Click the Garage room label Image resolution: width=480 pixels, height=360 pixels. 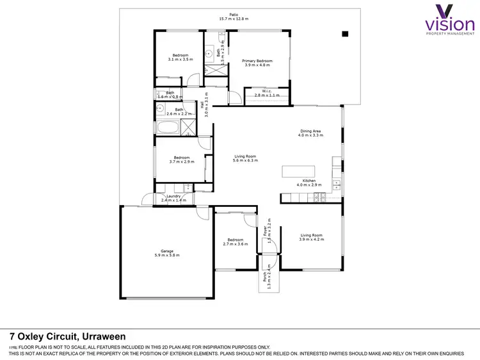pyautogui.click(x=166, y=250)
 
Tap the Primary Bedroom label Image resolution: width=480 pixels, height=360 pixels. pyautogui.click(x=257, y=61)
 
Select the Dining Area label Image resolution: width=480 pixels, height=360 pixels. pyautogui.click(x=310, y=131)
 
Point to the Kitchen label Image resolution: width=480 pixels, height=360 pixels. pyautogui.click(x=309, y=181)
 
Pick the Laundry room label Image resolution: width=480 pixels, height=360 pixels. pyautogui.click(x=173, y=196)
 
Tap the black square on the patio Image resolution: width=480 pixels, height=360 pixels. pyautogui.click(x=344, y=34)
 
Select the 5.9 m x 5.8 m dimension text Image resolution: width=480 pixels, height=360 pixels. pyautogui.click(x=167, y=256)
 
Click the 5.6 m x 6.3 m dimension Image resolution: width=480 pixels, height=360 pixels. pyautogui.click(x=245, y=160)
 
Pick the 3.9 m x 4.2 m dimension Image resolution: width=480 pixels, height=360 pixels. pyautogui.click(x=311, y=240)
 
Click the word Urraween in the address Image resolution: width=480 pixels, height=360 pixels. pyautogui.click(x=102, y=336)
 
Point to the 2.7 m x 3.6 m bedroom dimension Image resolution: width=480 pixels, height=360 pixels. pyautogui.click(x=235, y=244)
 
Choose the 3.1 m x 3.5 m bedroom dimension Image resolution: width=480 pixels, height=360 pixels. pyautogui.click(x=180, y=60)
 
